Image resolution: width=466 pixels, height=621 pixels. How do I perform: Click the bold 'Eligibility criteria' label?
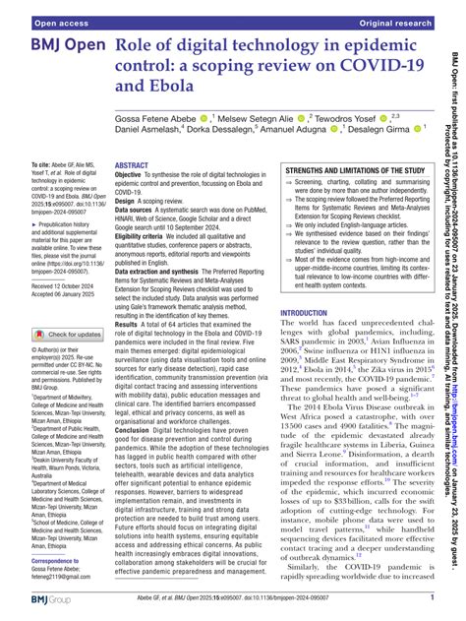coord(148,237)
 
